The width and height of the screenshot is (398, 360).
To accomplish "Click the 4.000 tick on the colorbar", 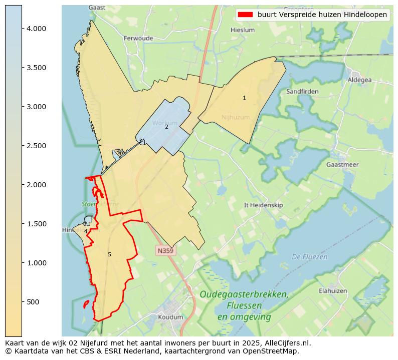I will tap(22, 29).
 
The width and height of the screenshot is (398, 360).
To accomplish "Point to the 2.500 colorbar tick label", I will tap(36, 146).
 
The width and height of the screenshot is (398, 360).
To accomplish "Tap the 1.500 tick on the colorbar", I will tap(22, 224).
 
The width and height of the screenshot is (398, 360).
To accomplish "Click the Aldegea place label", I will tap(360, 80).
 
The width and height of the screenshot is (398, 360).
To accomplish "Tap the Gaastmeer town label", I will tap(342, 165).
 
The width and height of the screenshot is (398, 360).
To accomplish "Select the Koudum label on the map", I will tap(170, 317).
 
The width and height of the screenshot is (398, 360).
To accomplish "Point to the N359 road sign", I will tap(166, 250).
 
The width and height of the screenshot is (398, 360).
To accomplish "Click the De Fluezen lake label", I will tap(309, 257).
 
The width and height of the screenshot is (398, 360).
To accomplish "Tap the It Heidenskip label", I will tap(263, 205).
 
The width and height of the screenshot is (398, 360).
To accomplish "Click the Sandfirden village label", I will tap(302, 92).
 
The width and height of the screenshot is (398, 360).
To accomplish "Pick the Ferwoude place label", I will tap(138, 38).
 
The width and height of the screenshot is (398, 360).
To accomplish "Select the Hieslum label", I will tap(243, 30).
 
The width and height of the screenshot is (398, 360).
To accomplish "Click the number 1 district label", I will tap(244, 98).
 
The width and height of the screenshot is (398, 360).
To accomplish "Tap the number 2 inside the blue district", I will tap(166, 127).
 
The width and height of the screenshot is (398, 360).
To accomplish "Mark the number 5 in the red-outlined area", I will tap(109, 255).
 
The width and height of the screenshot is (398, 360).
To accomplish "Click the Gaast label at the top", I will tap(97, 8).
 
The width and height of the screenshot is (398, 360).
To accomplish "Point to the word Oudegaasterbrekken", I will tap(244, 294).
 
